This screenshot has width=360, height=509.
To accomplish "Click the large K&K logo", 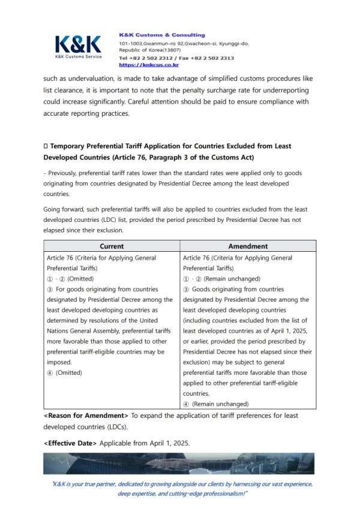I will pyautogui.click(x=79, y=44).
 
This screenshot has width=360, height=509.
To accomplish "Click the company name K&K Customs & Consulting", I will pyautogui.click(x=162, y=35).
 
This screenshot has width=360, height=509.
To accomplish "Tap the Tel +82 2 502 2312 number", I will pyautogui.click(x=145, y=58).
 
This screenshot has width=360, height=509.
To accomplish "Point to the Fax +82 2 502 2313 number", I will pyautogui.click(x=207, y=58).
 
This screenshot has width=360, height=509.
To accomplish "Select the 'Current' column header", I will pyautogui.click(x=112, y=246).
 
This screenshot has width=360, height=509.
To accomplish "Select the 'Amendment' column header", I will pyautogui.click(x=248, y=246).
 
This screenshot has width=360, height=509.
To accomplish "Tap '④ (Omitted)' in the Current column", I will pyautogui.click(x=65, y=373).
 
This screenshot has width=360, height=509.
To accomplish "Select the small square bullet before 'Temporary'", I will pyautogui.click(x=46, y=146).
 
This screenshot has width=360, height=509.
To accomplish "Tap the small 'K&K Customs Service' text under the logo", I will pyautogui.click(x=78, y=56).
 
